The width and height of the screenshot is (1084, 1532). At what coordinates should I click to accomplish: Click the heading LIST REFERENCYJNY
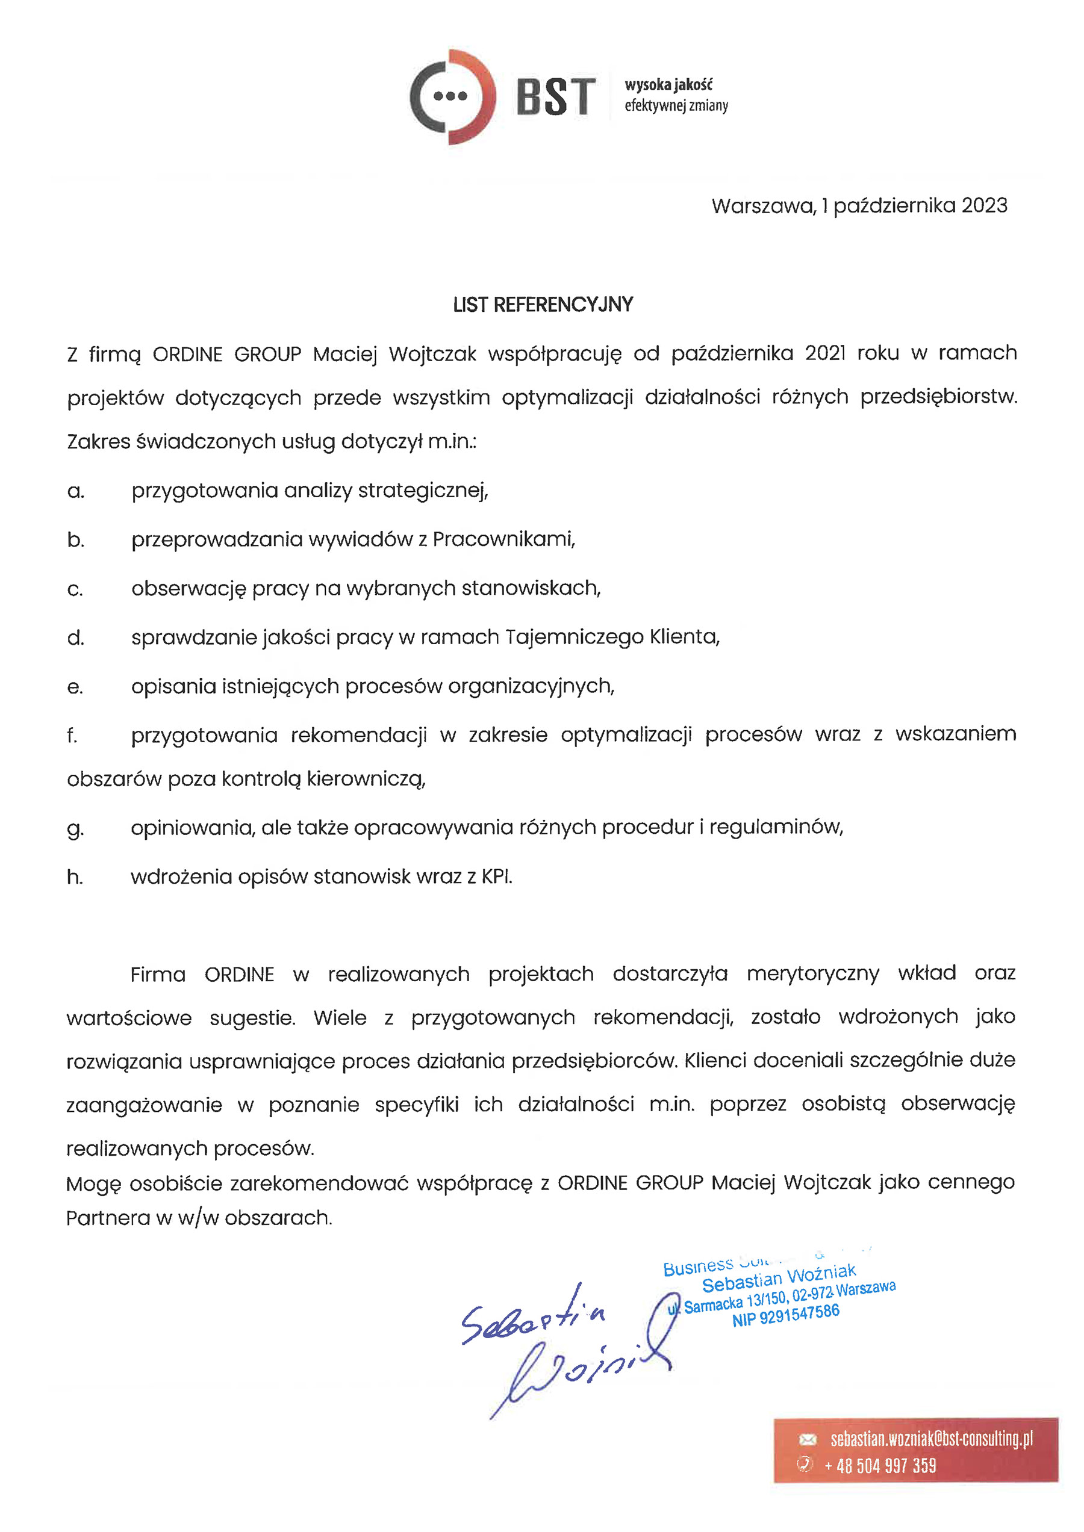point(542,305)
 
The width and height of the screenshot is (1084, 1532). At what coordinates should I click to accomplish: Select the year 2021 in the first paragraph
point(825,353)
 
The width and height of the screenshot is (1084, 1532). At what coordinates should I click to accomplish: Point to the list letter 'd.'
point(75,638)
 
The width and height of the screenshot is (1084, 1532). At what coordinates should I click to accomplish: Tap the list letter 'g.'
point(75,829)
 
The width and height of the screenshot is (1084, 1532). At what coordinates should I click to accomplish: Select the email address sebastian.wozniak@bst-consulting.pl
point(931,1439)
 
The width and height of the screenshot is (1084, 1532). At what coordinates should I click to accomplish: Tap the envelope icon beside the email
point(807,1439)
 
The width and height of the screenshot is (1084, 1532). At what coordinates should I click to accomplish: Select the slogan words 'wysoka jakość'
point(668,85)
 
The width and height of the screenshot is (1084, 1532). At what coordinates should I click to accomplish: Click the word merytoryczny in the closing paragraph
point(812,973)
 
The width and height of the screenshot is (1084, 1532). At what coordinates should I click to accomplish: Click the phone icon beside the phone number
point(806,1465)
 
